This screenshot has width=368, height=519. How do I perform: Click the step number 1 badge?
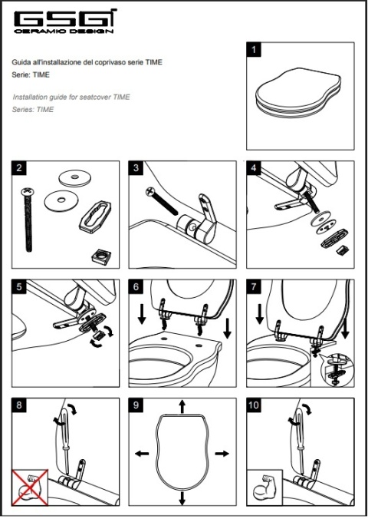pos(254,50)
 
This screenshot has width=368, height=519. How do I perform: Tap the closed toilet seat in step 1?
pos(298,93)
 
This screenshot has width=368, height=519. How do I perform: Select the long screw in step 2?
pos(28,219)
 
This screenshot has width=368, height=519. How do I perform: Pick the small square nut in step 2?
pos(100,256)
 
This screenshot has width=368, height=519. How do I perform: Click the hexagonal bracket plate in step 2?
pos(95,215)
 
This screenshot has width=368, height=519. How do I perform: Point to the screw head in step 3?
pos(150,191)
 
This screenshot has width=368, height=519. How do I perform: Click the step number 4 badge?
pos(253,168)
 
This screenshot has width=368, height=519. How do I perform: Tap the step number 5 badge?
pos(19,286)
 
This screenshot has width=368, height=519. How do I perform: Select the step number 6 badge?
pos(136,286)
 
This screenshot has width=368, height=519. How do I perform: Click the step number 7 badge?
pos(253,286)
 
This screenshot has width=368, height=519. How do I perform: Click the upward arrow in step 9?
pos(182,406)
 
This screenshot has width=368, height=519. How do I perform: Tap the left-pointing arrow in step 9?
pos(142,453)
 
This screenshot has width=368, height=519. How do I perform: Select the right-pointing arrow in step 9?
pos(222,453)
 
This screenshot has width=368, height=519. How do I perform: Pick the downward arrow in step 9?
pos(182,498)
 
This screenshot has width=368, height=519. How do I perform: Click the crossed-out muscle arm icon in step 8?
pos(30,488)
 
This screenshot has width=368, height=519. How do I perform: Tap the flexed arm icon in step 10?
pos(264,488)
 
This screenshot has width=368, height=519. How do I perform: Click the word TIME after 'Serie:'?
pos(41,74)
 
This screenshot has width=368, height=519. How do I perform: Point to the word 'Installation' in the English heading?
pos(30,97)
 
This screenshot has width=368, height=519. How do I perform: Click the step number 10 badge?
pos(254,405)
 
